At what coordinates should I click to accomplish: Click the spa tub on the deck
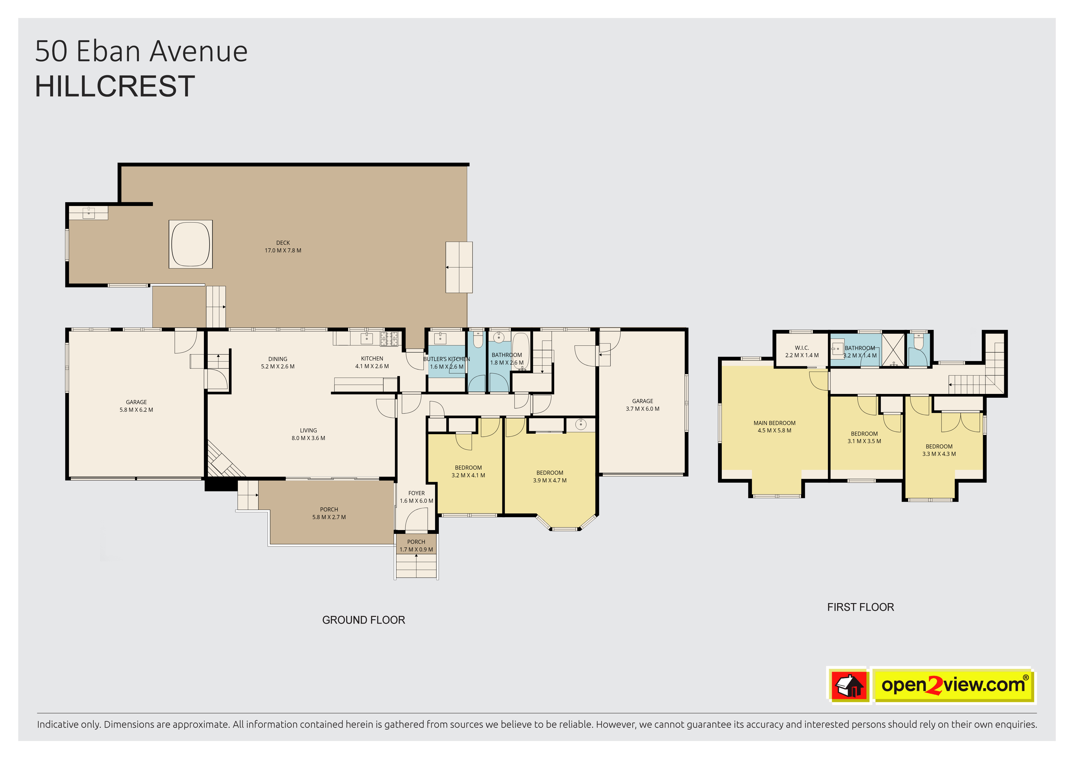pyautogui.click(x=191, y=244)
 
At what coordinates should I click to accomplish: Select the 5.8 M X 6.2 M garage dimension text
pyautogui.click(x=136, y=410)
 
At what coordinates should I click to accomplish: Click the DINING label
pyautogui.click(x=278, y=359)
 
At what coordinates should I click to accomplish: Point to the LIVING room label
pyautogui.click(x=308, y=430)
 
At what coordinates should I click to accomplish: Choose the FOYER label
pyautogui.click(x=416, y=493)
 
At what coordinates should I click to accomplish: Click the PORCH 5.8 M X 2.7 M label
pyautogui.click(x=329, y=513)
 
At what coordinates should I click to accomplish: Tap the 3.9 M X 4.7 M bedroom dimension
pyautogui.click(x=549, y=480)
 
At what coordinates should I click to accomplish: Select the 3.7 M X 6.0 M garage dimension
pyautogui.click(x=643, y=409)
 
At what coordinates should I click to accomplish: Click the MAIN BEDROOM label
pyautogui.click(x=774, y=423)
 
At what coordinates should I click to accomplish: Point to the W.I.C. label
pyautogui.click(x=802, y=348)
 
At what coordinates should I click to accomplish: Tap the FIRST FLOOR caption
pyautogui.click(x=860, y=607)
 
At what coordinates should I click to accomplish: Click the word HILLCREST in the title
pyautogui.click(x=115, y=86)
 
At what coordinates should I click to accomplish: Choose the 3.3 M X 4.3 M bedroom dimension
pyautogui.click(x=939, y=454)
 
